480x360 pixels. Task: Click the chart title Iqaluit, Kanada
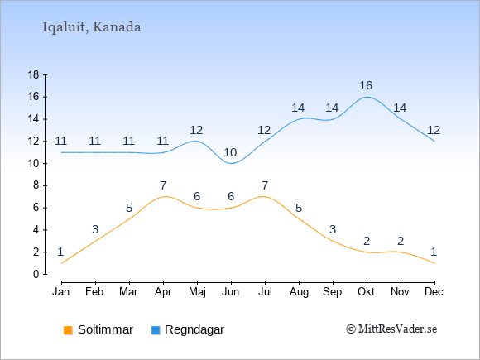coord(91,27)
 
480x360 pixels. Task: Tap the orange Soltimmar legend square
coord(68,330)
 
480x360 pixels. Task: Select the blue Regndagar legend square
coord(156,330)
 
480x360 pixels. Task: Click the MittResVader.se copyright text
coord(391,329)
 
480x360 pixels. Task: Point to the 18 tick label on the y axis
coord(33,74)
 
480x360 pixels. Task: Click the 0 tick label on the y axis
coord(36,274)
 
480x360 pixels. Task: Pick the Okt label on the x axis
coord(366,292)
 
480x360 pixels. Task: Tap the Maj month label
coord(197,292)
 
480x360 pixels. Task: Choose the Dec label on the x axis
coord(434,292)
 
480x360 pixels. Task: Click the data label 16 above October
coord(366,85)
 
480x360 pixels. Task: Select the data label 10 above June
coord(230,152)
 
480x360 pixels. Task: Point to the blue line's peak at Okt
coord(367,97)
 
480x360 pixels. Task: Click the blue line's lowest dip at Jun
coord(231,164)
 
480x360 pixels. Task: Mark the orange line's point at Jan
coord(62,263)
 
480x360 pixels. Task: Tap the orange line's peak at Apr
coord(166,196)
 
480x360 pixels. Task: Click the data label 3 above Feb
coord(95,229)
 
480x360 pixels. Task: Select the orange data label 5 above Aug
coord(299,209)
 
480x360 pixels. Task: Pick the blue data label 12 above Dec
coord(434,131)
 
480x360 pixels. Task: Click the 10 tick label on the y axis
coord(33,164)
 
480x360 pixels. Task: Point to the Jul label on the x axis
coord(265,292)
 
